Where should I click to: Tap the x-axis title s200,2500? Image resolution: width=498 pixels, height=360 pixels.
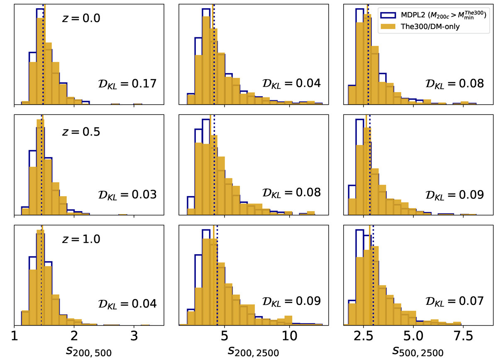(253, 351)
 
